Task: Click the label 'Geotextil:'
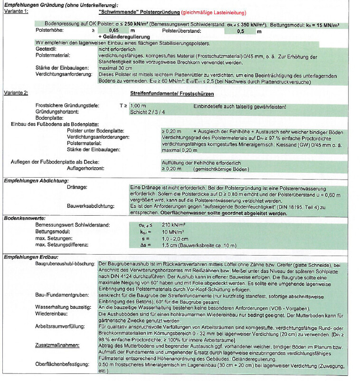coord(47,49)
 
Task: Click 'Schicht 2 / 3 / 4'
coord(148,112)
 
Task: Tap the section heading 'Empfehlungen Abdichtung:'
coord(36,181)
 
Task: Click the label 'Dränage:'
coord(77,188)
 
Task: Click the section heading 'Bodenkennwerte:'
coord(23,218)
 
